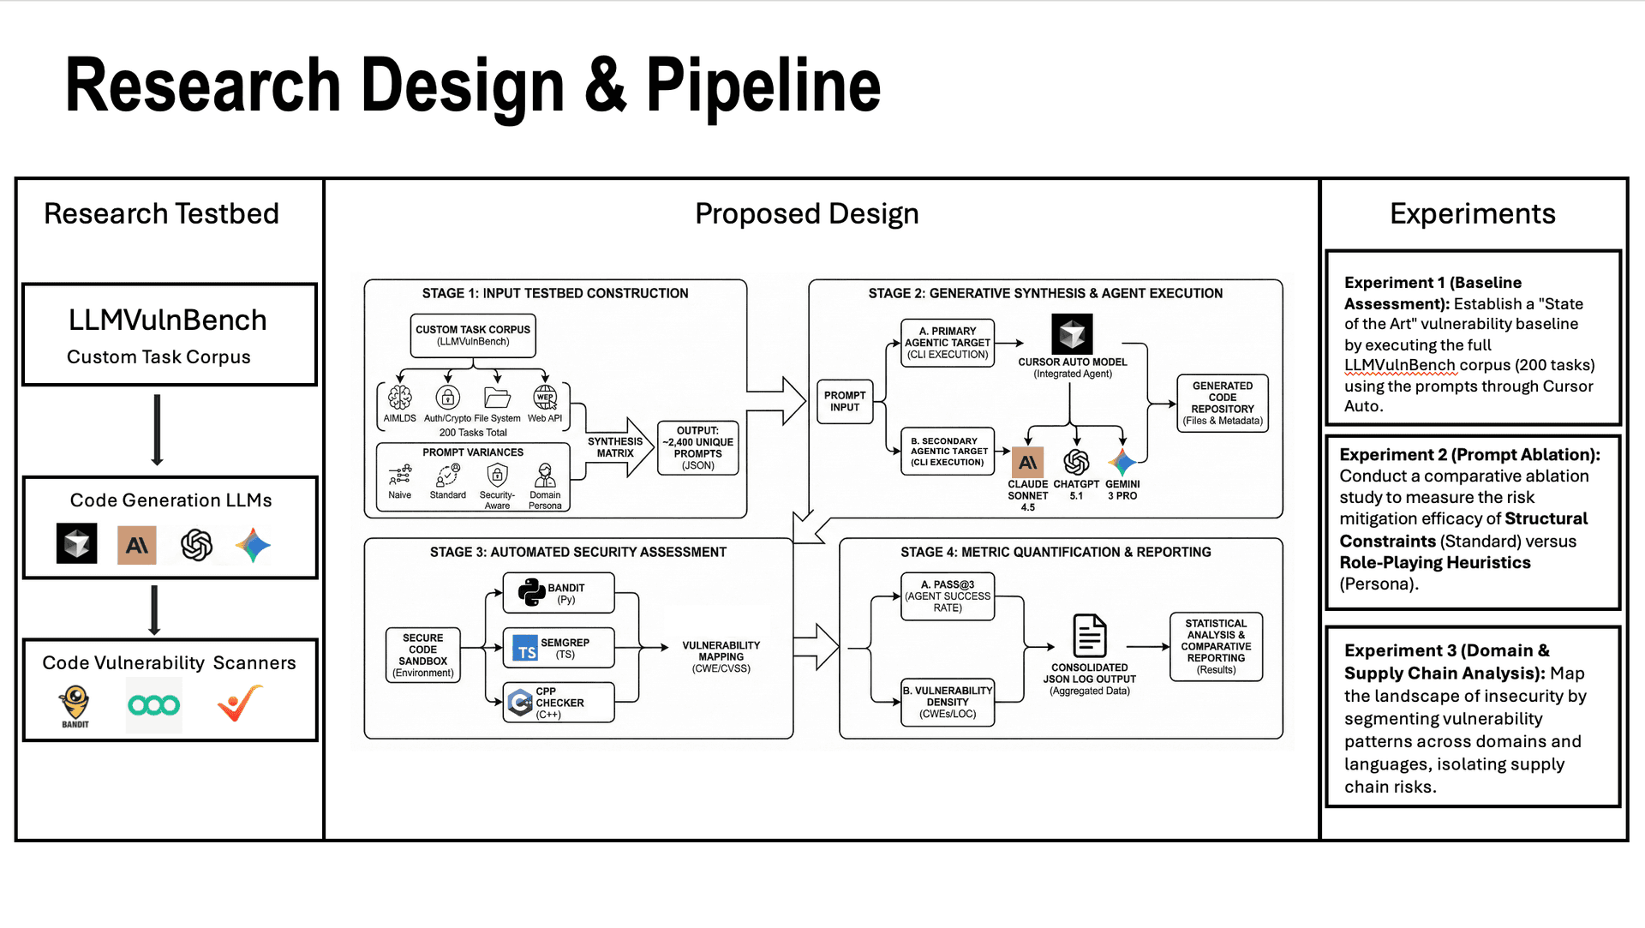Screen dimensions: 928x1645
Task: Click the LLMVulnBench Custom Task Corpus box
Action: pyautogui.click(x=170, y=335)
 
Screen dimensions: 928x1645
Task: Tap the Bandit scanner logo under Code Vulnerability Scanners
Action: pyautogui.click(x=75, y=705)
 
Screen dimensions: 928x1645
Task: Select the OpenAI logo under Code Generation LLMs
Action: pyautogui.click(x=196, y=545)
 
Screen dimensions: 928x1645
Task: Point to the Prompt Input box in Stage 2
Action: pyautogui.click(x=844, y=402)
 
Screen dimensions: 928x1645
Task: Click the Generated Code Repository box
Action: pyautogui.click(x=1222, y=403)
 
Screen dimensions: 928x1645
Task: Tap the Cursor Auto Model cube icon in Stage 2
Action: pyautogui.click(x=1072, y=334)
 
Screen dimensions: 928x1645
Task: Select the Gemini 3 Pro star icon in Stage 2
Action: pyautogui.click(x=1122, y=463)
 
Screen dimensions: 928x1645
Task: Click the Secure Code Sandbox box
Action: pyautogui.click(x=422, y=656)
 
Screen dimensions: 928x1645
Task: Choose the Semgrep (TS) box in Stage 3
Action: pyautogui.click(x=558, y=649)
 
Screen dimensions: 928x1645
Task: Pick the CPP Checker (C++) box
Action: pyautogui.click(x=558, y=703)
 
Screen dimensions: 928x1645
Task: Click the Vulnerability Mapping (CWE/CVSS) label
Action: pyautogui.click(x=721, y=657)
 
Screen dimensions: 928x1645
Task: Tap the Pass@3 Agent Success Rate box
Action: pyautogui.click(x=948, y=596)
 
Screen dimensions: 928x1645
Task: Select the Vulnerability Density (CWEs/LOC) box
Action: pyautogui.click(x=948, y=703)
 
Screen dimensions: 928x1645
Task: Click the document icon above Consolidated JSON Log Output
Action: pyautogui.click(x=1089, y=636)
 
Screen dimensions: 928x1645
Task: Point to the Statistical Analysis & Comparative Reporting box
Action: pyautogui.click(x=1216, y=647)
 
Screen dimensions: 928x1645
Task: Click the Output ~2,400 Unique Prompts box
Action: pyautogui.click(x=697, y=448)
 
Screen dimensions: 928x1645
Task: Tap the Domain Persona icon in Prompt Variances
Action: pyautogui.click(x=545, y=476)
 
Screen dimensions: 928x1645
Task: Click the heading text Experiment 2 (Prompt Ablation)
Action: pyautogui.click(x=1469, y=455)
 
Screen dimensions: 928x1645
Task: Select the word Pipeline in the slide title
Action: pyautogui.click(x=763, y=86)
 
